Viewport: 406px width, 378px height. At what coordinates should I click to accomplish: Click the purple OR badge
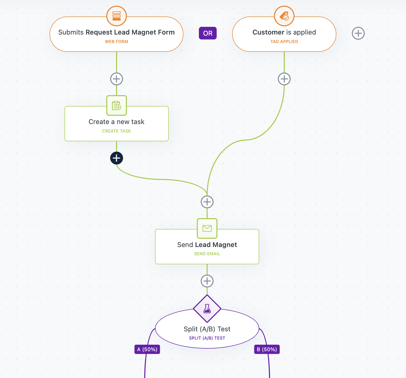tap(208, 33)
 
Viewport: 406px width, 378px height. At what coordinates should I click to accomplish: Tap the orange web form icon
tap(117, 16)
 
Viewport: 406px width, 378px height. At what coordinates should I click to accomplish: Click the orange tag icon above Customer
tap(284, 16)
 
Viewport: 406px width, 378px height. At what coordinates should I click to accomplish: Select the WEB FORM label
tap(117, 42)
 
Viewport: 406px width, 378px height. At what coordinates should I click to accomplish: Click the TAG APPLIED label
tap(284, 42)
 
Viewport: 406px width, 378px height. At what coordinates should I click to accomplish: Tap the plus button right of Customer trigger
tap(358, 33)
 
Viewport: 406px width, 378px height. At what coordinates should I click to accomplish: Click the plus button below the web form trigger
tap(117, 79)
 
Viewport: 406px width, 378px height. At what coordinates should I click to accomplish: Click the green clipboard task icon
tap(117, 105)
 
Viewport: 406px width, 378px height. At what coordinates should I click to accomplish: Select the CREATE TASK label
tap(117, 131)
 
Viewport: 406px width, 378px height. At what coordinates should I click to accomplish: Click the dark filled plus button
tap(117, 158)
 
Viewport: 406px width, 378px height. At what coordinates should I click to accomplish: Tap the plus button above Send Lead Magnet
tap(207, 202)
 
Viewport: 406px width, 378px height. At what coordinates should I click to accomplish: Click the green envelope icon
tap(207, 228)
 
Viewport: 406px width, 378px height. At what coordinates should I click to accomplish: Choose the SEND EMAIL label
tap(207, 254)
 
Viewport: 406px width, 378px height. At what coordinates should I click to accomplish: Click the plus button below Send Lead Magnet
tap(207, 281)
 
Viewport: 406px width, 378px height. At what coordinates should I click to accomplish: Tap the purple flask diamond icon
tap(207, 309)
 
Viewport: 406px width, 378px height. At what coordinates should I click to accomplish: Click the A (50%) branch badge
tap(147, 349)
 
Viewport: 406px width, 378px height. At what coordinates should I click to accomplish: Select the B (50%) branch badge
tap(267, 349)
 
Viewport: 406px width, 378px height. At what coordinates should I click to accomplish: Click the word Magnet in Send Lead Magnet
tap(225, 245)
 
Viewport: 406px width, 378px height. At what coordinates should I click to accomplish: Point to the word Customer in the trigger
tap(268, 32)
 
